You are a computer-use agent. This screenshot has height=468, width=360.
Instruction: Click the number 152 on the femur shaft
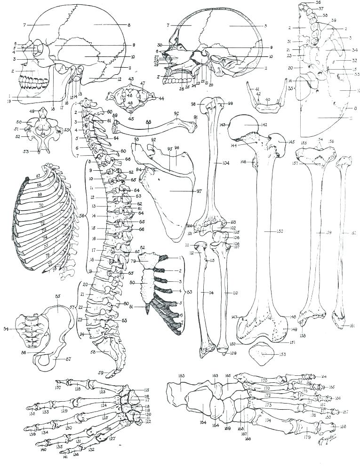coord(267,232)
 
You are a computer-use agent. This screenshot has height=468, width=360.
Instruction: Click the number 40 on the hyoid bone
coord(268,100)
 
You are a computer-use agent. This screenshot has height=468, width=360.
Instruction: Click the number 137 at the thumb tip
coord(58,388)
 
